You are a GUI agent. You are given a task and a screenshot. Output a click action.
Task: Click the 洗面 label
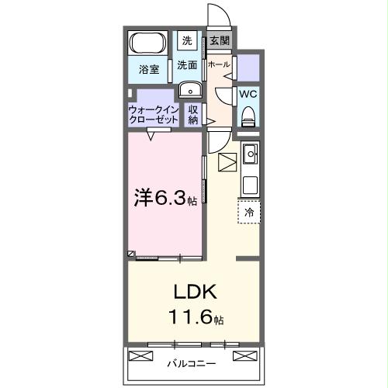pyautogui.click(x=186, y=66)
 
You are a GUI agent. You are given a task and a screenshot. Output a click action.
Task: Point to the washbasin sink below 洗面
pyautogui.click(x=188, y=90)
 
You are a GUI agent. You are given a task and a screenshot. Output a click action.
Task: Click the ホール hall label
pyautogui.click(x=219, y=65)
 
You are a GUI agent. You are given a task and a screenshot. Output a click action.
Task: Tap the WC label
pyautogui.click(x=248, y=94)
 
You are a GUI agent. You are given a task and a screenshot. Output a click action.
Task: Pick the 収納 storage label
pyautogui.click(x=193, y=114)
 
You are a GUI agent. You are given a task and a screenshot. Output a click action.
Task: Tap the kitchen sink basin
pyautogui.click(x=250, y=156)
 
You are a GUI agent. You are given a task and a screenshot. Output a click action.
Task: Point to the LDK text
pyautogui.click(x=195, y=294)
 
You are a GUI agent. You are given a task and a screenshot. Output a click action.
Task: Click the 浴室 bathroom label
pyautogui.click(x=149, y=70)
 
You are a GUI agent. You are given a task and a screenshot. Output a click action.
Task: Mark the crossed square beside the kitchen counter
pyautogui.click(x=227, y=164)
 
